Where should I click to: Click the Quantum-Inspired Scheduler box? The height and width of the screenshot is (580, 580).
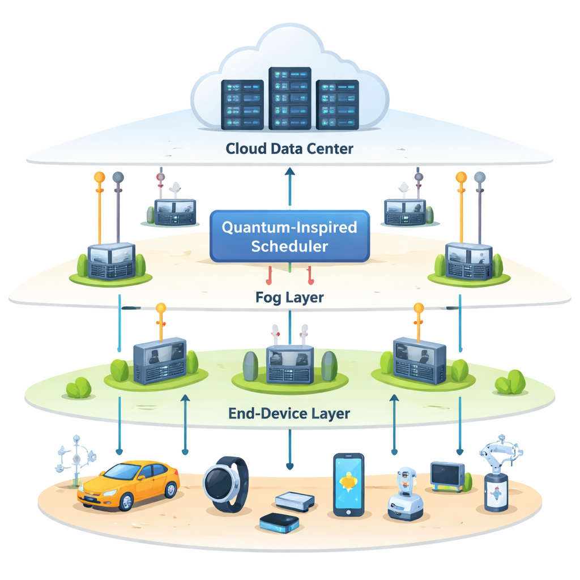point(289,236)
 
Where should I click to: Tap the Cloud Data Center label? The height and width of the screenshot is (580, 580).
point(289,149)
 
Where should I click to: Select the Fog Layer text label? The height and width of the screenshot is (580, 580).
point(289,297)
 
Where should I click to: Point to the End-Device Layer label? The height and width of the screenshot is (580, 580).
point(289,413)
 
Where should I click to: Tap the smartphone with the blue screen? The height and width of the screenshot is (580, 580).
point(348,484)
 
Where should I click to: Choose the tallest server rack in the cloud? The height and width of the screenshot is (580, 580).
point(289,99)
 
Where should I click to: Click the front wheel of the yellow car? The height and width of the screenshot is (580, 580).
point(126,501)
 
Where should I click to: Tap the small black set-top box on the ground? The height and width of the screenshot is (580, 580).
point(279,522)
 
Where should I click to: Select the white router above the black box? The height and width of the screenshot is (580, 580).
point(295,500)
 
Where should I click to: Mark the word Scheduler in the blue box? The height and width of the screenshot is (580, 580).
point(289,246)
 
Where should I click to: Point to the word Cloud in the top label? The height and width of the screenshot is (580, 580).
point(244,149)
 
